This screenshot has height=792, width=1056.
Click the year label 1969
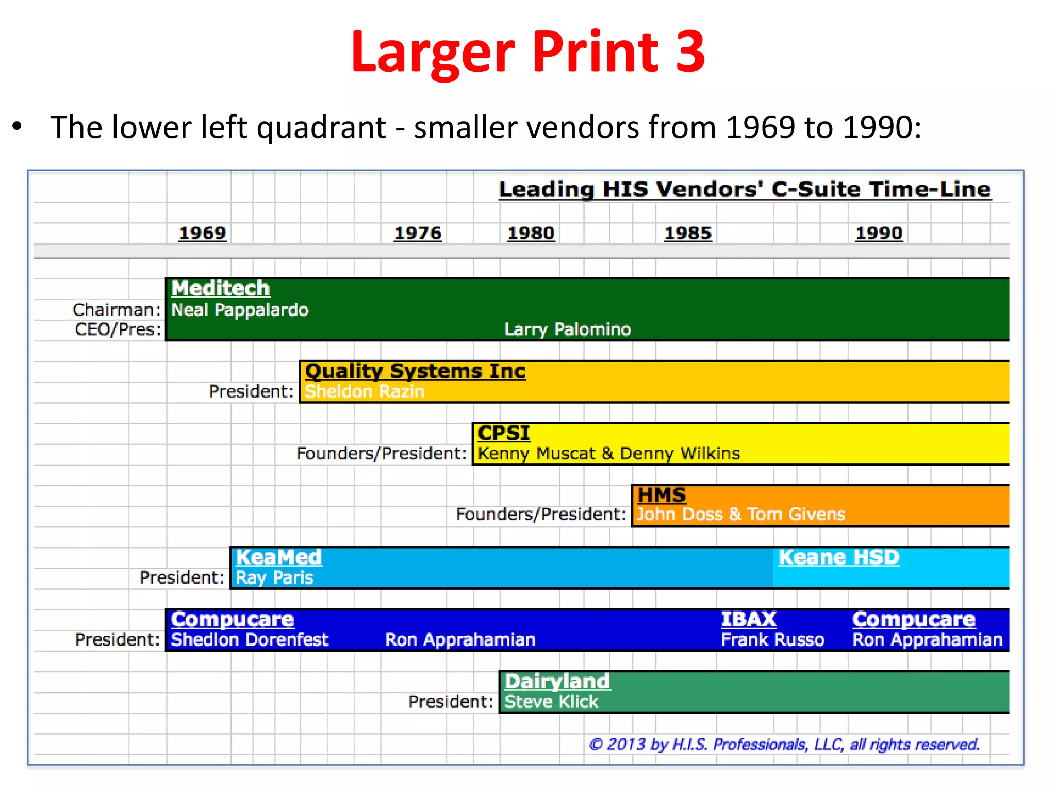click(202, 233)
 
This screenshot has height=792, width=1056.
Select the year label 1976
click(418, 233)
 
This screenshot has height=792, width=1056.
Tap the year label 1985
click(688, 233)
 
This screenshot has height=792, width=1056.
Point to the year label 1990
click(879, 233)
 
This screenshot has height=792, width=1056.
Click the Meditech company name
click(221, 288)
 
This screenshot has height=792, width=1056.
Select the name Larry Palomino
click(567, 329)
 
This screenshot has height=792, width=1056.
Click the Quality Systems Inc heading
click(415, 371)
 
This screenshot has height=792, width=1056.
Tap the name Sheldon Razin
click(365, 391)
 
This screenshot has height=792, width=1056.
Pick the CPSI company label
click(504, 433)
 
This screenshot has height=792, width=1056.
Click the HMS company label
click(662, 496)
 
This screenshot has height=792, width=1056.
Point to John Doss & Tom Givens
click(741, 515)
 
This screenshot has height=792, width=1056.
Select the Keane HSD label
click(839, 557)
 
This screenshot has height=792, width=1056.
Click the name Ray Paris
click(274, 577)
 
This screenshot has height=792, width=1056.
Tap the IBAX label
click(749, 619)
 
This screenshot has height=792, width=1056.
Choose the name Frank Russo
click(772, 640)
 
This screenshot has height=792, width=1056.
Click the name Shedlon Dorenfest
click(250, 640)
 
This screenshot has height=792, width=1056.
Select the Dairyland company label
click(557, 682)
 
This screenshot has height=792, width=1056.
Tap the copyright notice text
click(784, 745)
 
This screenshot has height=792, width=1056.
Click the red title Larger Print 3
click(527, 52)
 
